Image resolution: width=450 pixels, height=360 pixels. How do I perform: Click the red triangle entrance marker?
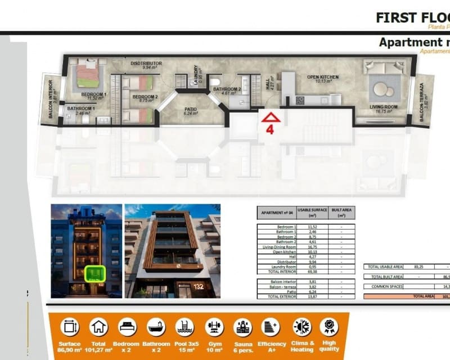tap(271, 118)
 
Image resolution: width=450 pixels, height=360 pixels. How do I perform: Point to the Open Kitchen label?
tap(323, 78)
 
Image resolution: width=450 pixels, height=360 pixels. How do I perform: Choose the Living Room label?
tap(383, 107)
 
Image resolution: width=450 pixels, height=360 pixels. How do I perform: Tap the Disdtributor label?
tap(146, 64)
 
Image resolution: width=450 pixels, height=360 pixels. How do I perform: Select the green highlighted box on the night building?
tap(93, 274)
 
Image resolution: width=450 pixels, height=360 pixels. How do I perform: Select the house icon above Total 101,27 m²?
tap(99, 327)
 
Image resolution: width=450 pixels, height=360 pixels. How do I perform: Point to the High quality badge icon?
tap(329, 327)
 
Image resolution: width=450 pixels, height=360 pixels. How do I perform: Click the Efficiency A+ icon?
tap(271, 327)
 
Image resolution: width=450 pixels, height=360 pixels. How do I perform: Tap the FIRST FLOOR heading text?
tap(412, 17)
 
